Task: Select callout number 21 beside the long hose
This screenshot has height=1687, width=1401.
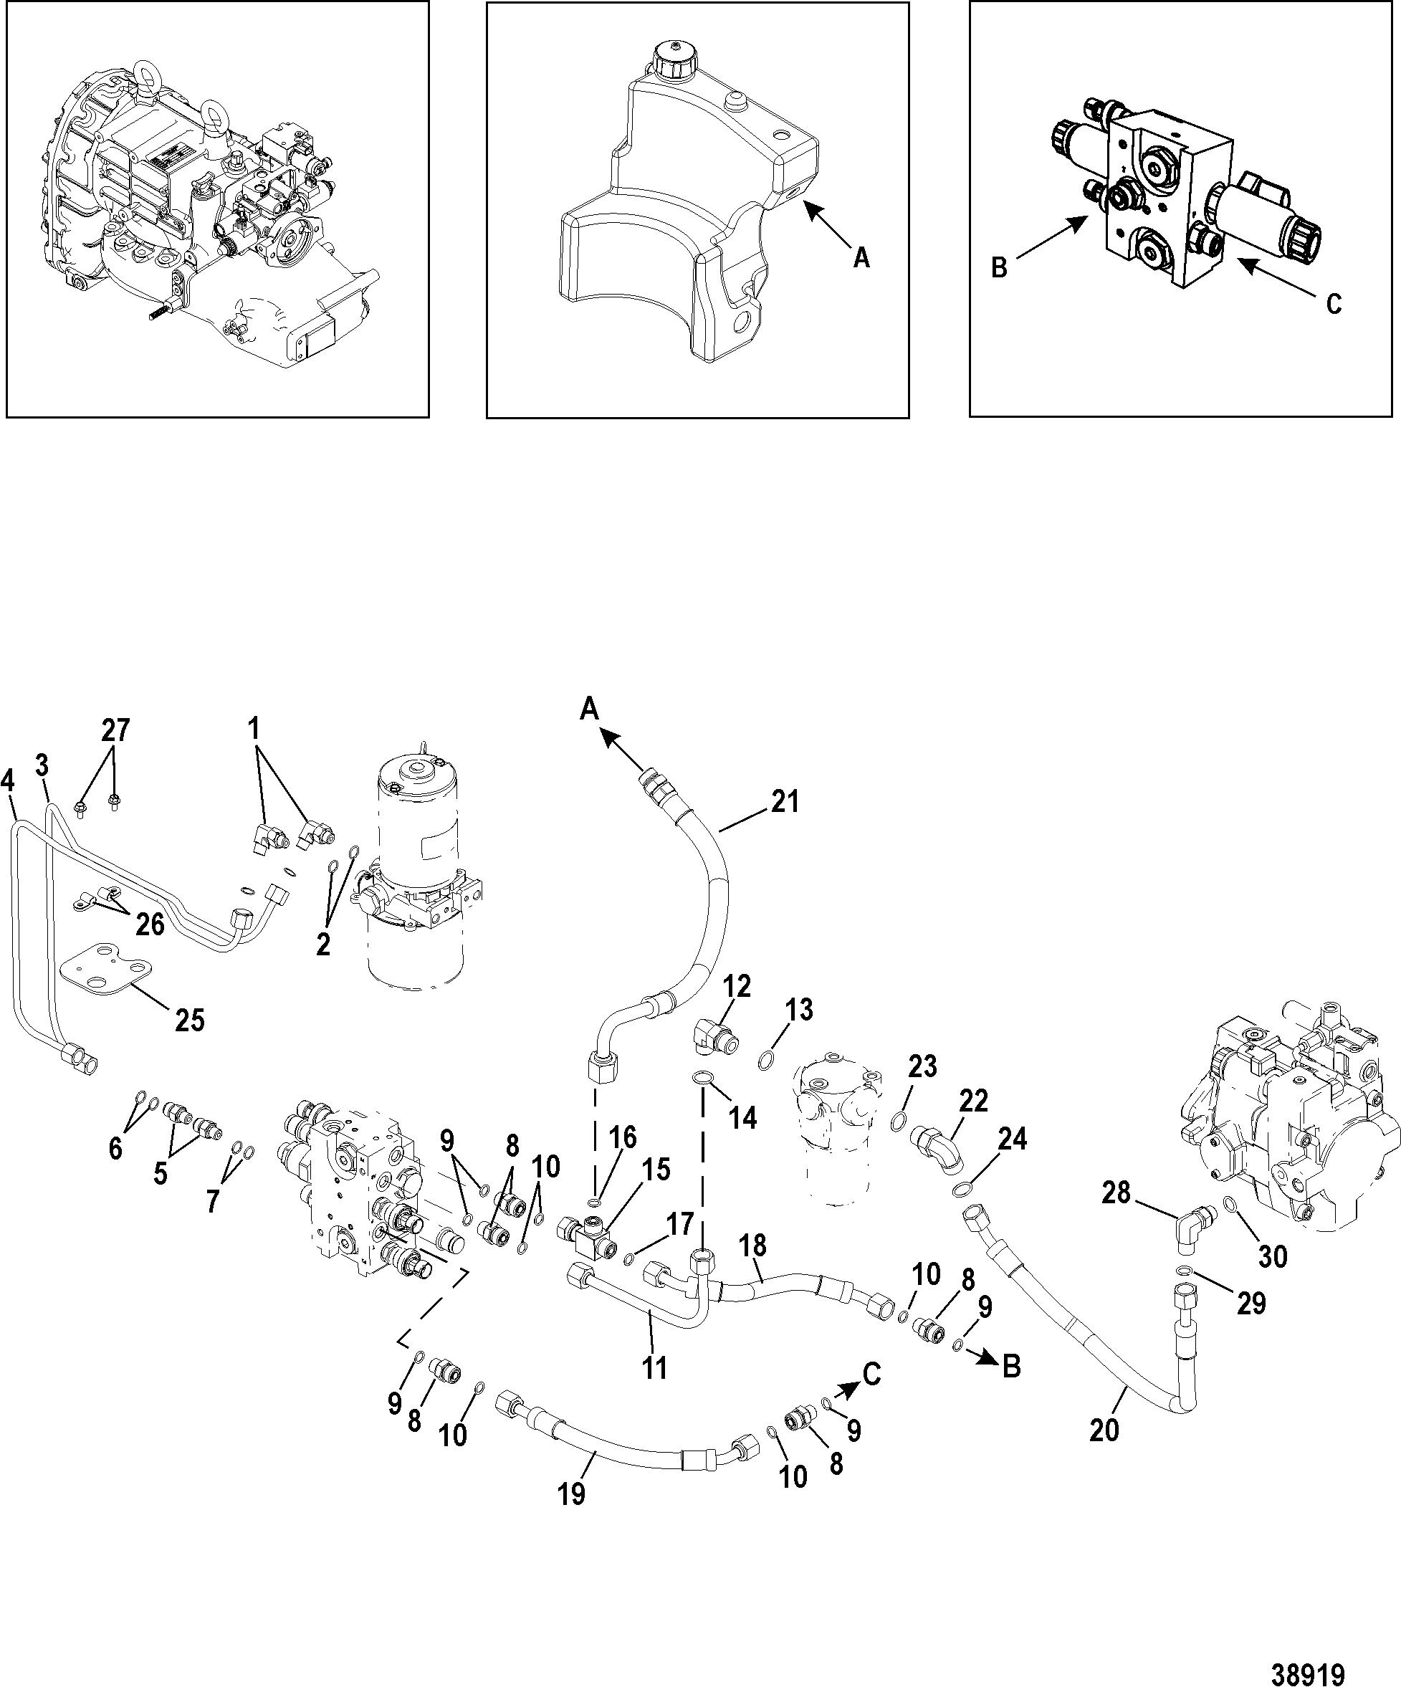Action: click(x=785, y=801)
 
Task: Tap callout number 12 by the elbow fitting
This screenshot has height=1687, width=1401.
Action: click(x=737, y=985)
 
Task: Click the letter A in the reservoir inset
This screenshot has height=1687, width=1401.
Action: click(x=861, y=258)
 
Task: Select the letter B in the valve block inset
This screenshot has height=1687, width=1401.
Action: click(x=1000, y=267)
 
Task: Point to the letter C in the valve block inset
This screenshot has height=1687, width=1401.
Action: click(x=1334, y=304)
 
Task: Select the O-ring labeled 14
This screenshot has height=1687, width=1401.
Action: click(x=702, y=1076)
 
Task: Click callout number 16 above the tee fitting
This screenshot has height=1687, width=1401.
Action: click(x=623, y=1137)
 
